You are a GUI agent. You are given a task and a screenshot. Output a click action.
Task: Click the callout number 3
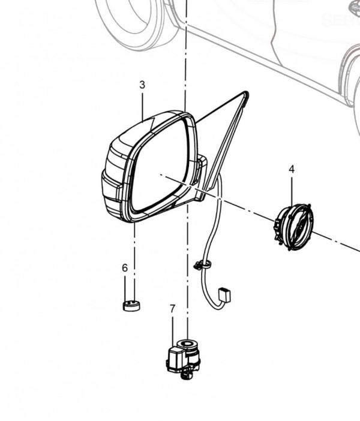point(142,85)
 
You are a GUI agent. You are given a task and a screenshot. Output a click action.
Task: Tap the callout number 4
point(292,170)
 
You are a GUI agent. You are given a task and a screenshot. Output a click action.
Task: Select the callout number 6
point(125,267)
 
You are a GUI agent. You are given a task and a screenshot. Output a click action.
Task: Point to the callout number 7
point(173,309)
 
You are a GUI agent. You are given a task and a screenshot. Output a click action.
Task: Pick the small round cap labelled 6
point(131,305)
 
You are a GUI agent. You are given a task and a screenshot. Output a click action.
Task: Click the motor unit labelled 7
point(183,359)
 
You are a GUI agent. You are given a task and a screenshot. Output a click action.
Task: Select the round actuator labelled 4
point(293,227)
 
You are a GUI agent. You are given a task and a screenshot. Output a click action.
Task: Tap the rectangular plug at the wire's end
point(224,295)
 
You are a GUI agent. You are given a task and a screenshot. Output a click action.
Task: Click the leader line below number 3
point(142,105)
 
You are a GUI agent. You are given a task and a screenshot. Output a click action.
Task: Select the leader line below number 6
point(125,287)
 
